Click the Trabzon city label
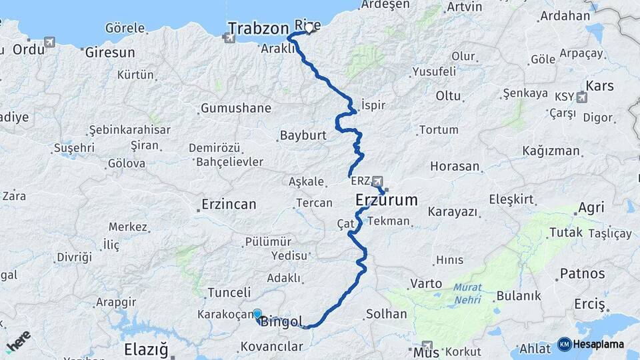[259, 28]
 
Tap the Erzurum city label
[386, 199]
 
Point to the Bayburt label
[303, 135]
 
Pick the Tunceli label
[229, 292]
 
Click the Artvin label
[465, 7]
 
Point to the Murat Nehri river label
[467, 293]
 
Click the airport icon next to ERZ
[378, 181]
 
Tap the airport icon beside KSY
[582, 97]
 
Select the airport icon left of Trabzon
[230, 38]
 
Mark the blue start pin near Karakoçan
[257, 313]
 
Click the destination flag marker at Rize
[310, 29]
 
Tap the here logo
[18, 340]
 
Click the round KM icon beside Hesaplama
[564, 344]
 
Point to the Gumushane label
[236, 108]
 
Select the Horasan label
[455, 166]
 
